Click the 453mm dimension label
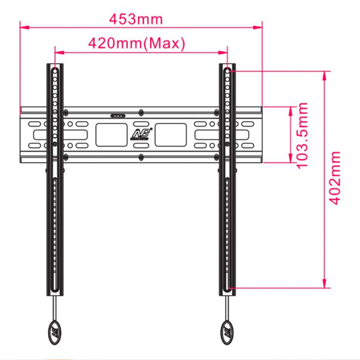click(136, 19)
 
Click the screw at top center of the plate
click(140, 112)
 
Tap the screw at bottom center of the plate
click(140, 157)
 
